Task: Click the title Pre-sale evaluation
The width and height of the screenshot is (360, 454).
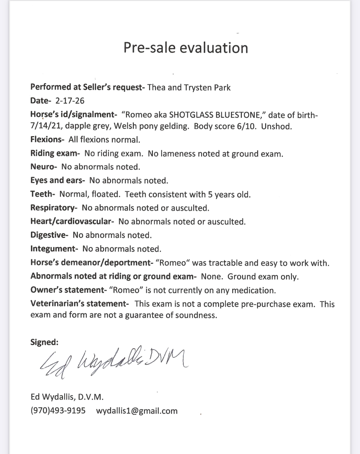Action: click(186, 48)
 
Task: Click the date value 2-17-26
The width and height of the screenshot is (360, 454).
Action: click(70, 101)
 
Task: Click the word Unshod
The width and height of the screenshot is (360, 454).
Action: click(276, 126)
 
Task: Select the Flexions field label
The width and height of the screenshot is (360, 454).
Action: click(47, 140)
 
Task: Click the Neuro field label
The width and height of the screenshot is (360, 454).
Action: click(43, 167)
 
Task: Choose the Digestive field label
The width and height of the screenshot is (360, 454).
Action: click(49, 235)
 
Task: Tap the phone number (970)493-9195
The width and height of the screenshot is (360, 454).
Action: click(58, 411)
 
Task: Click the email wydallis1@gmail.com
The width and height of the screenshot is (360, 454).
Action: click(137, 411)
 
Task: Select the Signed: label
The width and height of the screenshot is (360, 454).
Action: click(44, 342)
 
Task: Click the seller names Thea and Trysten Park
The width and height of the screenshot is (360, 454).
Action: click(189, 88)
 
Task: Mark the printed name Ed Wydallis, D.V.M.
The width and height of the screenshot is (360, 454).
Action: click(67, 397)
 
